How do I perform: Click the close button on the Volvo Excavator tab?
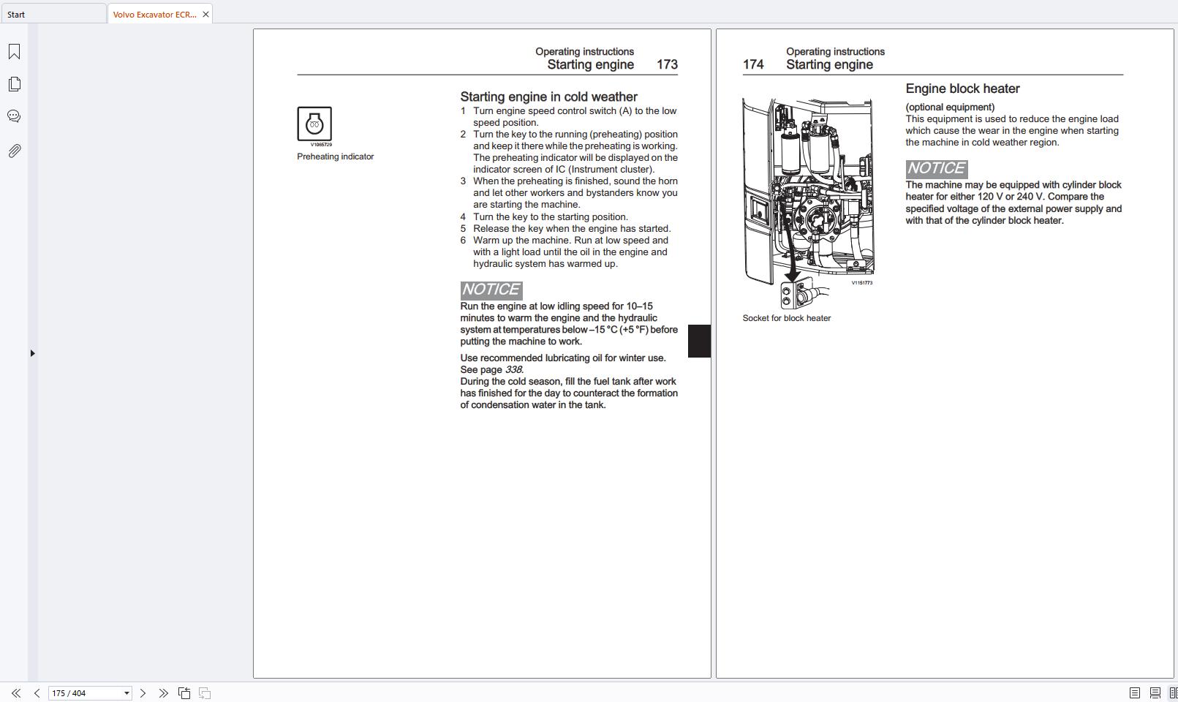click(205, 14)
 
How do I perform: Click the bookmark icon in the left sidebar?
click(14, 52)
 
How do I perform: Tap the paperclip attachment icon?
click(14, 151)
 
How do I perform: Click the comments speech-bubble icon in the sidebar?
click(14, 116)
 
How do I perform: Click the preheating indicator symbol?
click(314, 124)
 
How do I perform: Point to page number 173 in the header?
click(667, 64)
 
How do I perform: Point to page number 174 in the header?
click(753, 64)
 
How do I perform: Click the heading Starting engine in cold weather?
click(548, 97)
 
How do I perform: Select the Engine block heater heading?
click(962, 88)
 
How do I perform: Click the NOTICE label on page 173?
click(491, 290)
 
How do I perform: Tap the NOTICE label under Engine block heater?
click(936, 168)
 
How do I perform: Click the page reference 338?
click(513, 370)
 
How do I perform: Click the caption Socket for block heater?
click(786, 318)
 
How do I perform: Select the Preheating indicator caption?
click(335, 156)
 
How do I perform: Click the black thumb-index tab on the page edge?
click(699, 341)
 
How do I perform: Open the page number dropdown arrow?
click(127, 693)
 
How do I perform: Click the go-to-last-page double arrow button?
click(163, 693)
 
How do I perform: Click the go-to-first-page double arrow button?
click(15, 693)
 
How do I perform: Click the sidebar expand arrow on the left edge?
click(32, 353)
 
